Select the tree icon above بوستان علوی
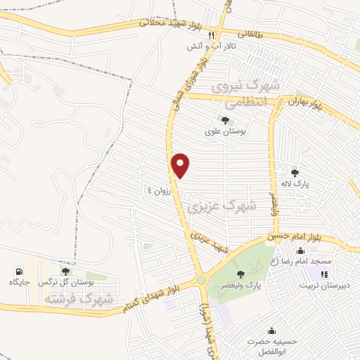pos(224,120)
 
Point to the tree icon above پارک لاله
pos(295,172)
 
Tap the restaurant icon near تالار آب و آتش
pos(219,36)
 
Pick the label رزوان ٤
pos(159,190)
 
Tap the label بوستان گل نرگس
pos(66,282)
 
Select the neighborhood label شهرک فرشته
pos(79,298)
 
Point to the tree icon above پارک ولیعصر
pos(240,274)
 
